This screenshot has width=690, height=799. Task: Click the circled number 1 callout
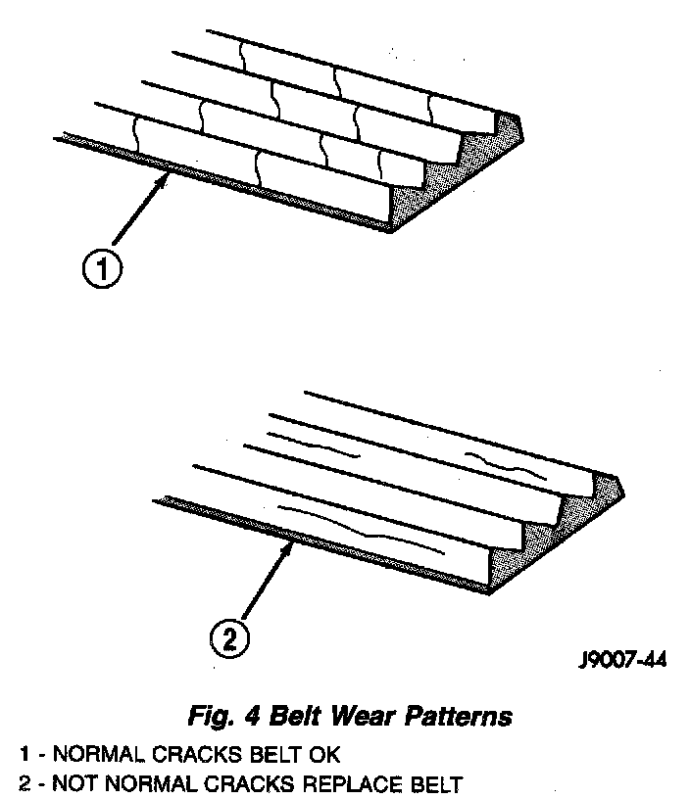102,267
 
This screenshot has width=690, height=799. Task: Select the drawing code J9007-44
621,661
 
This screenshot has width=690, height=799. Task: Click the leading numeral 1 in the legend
24,755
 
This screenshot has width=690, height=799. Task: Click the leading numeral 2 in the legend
24,783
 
